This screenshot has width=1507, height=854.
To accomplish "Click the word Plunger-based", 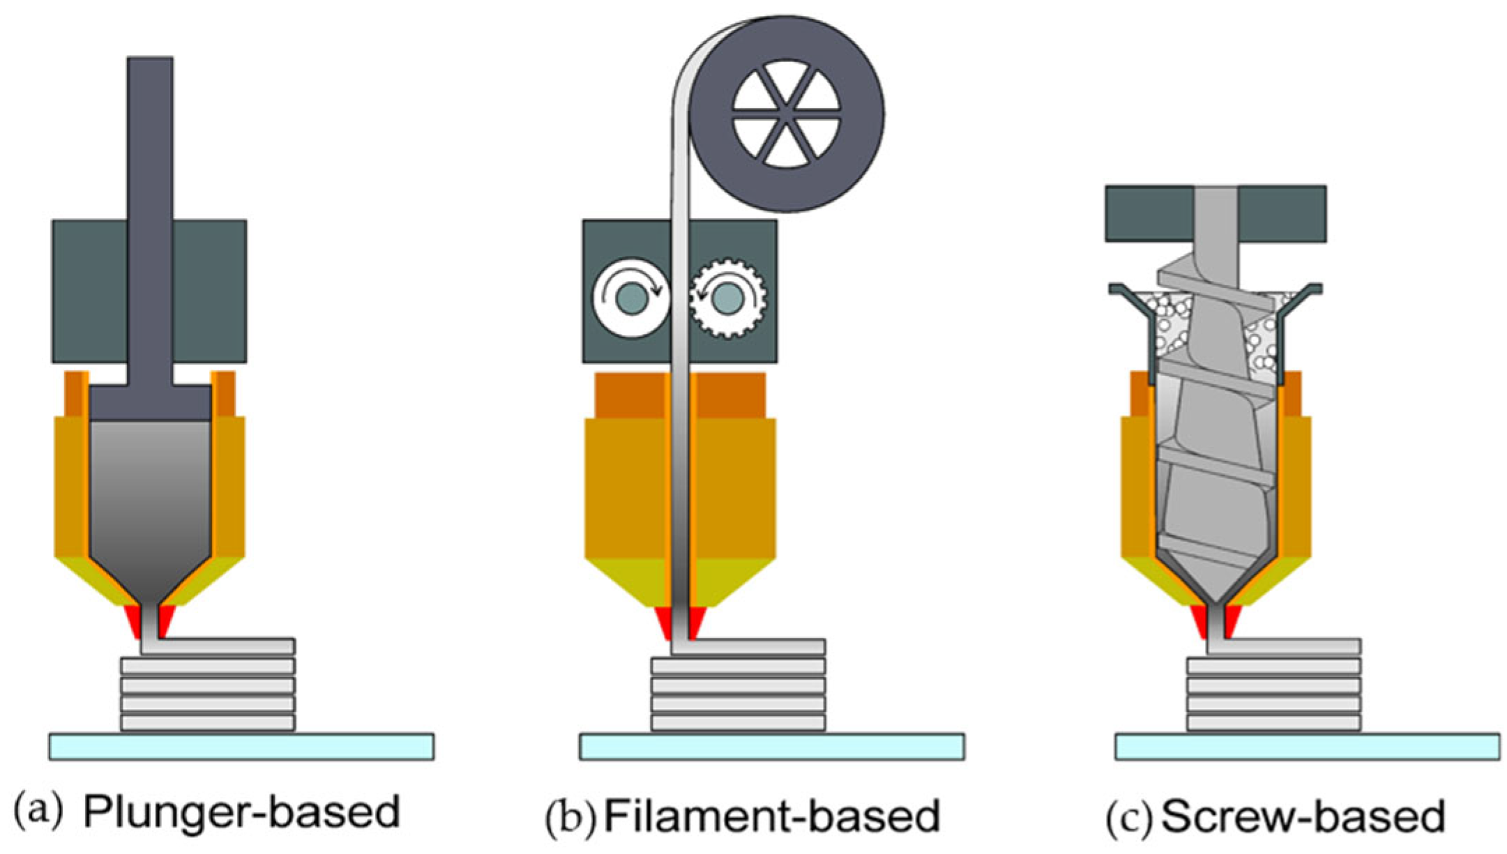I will point(241,812).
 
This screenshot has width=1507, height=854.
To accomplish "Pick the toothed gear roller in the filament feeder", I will point(727,299).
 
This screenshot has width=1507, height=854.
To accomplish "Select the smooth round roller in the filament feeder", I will point(631,299).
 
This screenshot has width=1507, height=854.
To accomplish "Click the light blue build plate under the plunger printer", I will point(241,746).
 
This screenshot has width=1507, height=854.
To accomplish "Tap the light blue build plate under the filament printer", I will point(772,746).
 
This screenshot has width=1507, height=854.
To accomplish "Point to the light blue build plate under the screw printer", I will point(1307,746).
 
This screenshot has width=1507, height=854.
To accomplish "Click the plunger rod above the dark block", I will point(150,139).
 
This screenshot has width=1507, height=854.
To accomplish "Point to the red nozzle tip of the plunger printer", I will point(132,621).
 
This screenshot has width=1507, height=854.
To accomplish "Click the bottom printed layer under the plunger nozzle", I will point(208,722).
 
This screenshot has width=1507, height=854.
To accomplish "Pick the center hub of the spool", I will point(787,114).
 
